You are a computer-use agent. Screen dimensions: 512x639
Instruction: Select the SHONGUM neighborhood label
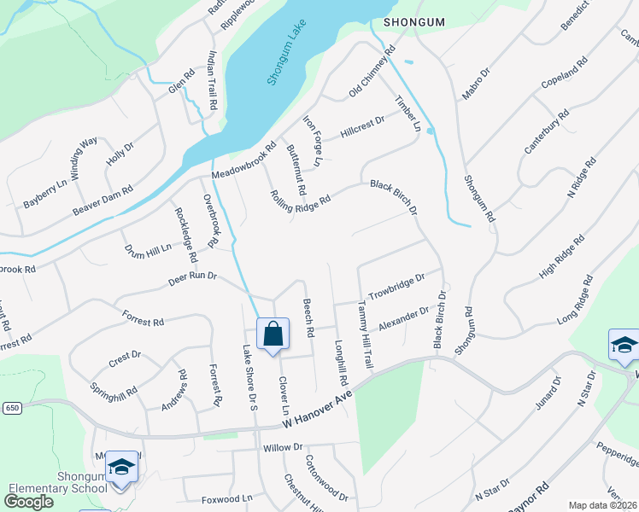pyautogui.click(x=415, y=21)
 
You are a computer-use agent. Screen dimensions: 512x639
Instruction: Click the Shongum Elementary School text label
pyautogui.click(x=57, y=482)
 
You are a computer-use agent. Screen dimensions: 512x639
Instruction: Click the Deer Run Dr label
pyautogui.click(x=192, y=276)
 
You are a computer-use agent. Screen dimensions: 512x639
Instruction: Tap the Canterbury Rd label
pyautogui.click(x=546, y=131)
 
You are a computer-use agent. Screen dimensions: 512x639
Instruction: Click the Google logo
pyautogui.click(x=28, y=502)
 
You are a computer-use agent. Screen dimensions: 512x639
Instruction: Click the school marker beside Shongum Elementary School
pyautogui.click(x=121, y=467)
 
